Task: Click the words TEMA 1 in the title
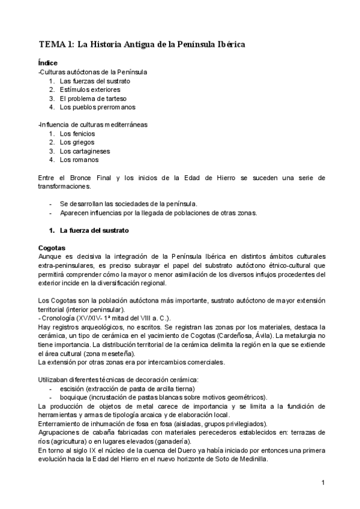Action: pos(56,44)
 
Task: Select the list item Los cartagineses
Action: pos(83,151)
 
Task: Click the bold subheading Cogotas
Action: pos(51,248)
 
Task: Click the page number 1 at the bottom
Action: pos(323,483)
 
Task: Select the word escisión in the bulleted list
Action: pos(72,389)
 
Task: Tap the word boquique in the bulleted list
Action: pos(74,397)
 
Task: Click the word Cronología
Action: pos(58,318)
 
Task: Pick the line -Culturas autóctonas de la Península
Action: pos(92,72)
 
